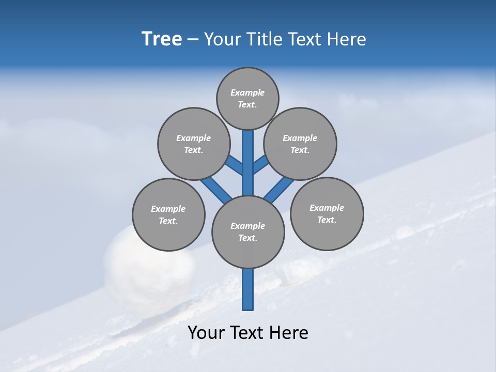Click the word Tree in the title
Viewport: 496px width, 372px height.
[162, 39]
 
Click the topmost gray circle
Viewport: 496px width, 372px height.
[247, 98]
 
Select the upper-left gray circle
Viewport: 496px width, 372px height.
[193, 144]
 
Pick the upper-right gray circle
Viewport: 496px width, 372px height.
[300, 144]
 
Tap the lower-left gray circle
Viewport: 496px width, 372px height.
[168, 214]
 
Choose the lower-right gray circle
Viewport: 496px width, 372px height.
[327, 213]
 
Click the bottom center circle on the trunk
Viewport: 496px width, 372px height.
[248, 232]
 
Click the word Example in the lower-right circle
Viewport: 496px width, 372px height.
[327, 208]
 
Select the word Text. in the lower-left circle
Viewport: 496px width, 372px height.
[168, 221]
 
